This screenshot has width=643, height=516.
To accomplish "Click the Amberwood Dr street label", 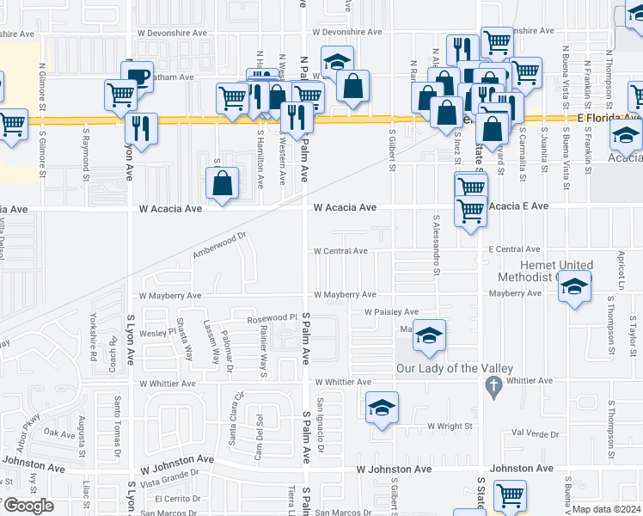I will point(219,244).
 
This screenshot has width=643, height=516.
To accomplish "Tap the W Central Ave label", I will point(340,251).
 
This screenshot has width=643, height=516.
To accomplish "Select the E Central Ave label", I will point(514,249).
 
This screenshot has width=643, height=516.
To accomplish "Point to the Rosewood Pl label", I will point(272,317).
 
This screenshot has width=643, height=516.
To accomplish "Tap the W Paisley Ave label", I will point(391,311).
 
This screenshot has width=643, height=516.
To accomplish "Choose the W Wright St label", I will point(450,426).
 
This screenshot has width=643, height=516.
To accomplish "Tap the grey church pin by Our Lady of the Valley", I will point(493,389).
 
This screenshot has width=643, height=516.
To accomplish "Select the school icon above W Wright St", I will point(383,408).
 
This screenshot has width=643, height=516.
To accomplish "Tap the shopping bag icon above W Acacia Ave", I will point(223,182).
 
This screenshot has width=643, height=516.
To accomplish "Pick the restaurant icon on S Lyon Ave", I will point(142,128).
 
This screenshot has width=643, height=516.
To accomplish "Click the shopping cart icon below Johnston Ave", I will point(510,495).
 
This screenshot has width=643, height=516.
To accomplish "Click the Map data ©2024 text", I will point(606,509).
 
